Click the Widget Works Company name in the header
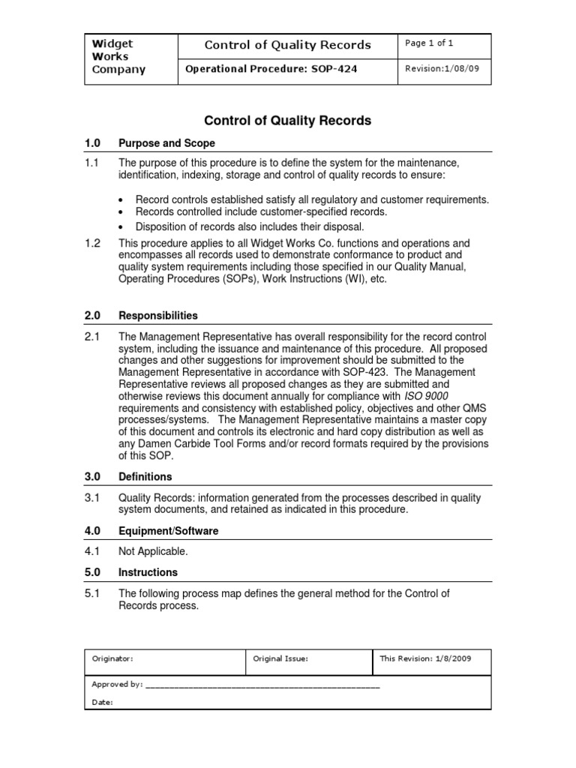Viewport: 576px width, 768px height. pyautogui.click(x=118, y=57)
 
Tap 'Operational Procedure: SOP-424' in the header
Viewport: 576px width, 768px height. pyautogui.click(x=271, y=69)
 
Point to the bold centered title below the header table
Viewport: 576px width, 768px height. pyautogui.click(x=288, y=120)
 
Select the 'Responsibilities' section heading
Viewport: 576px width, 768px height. pyautogui.click(x=158, y=315)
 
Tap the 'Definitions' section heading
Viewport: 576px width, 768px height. pyautogui.click(x=145, y=476)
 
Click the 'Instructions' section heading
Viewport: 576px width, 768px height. pyautogui.click(x=148, y=572)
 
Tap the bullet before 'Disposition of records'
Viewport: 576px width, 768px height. pyautogui.click(x=122, y=226)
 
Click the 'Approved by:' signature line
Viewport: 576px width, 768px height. pyautogui.click(x=262, y=684)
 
